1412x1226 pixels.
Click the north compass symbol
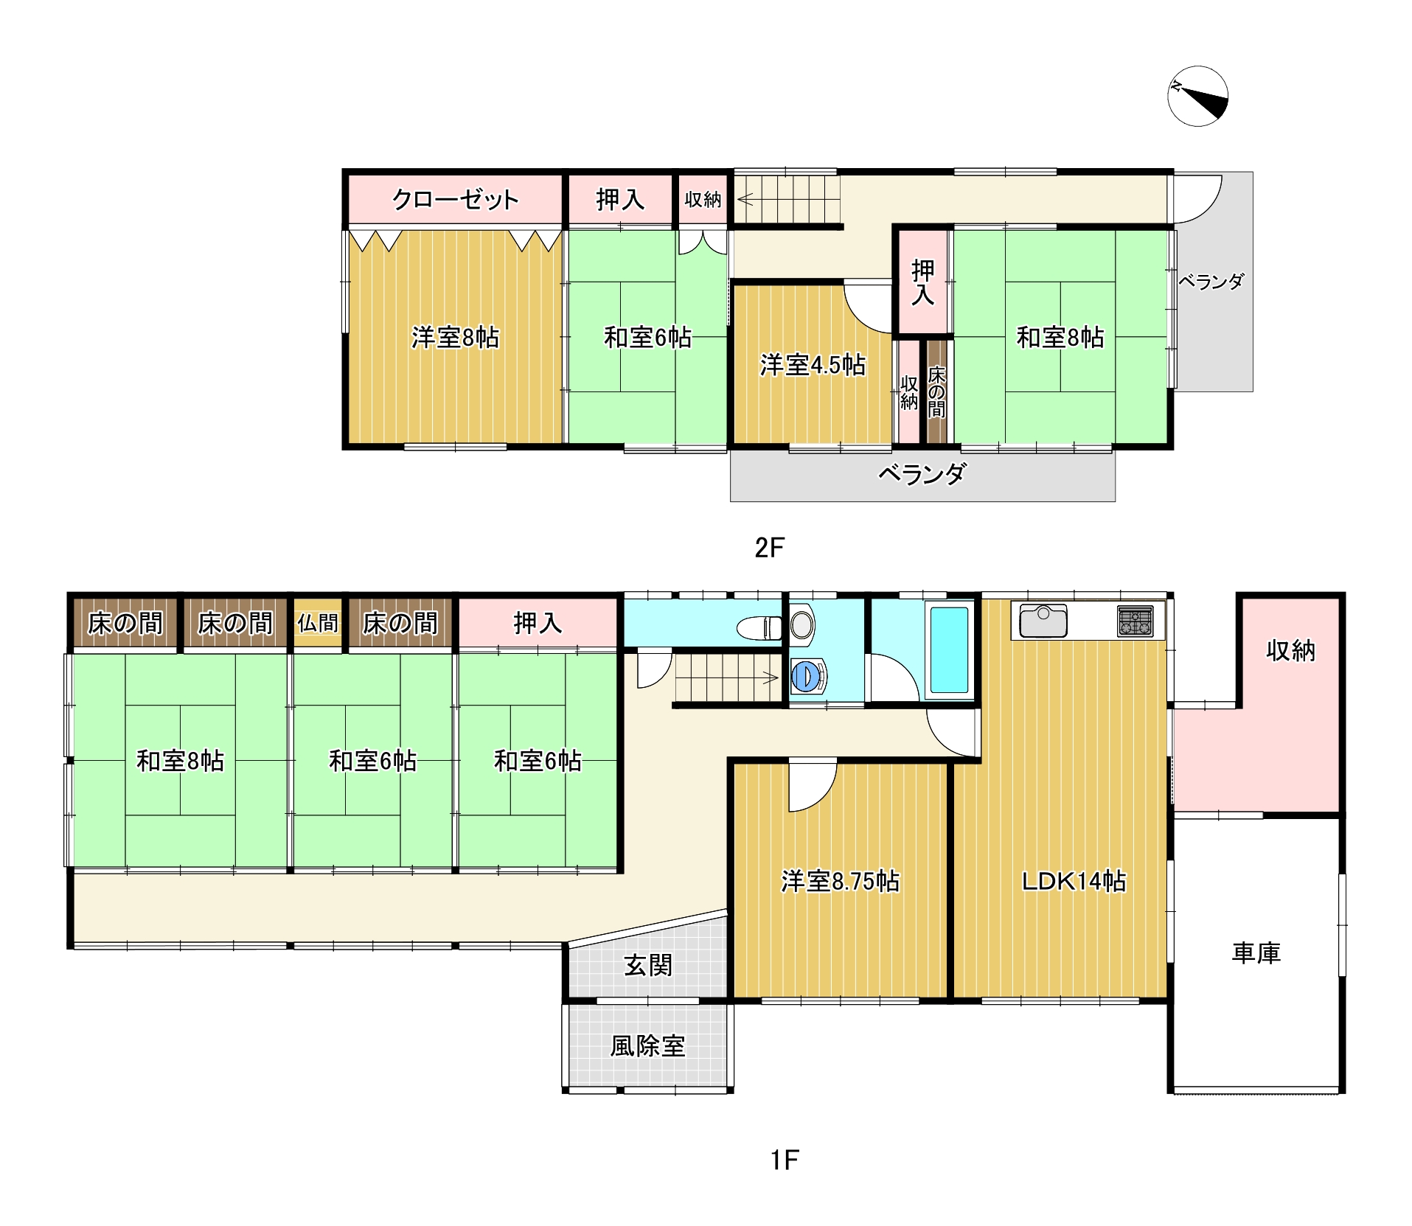click(x=1198, y=96)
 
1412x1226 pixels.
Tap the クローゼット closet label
click(x=455, y=199)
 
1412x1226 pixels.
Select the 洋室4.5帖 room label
click(x=813, y=365)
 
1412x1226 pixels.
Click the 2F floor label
click(x=769, y=547)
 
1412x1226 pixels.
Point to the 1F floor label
click(x=785, y=1160)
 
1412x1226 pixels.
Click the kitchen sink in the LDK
click(x=1043, y=621)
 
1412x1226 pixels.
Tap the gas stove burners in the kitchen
click(x=1135, y=621)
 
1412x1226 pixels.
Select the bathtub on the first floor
click(x=950, y=649)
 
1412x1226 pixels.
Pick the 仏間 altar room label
click(x=318, y=624)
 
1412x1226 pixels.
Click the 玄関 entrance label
click(x=648, y=965)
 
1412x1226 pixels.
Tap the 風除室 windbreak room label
click(x=647, y=1045)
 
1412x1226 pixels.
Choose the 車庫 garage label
click(x=1256, y=952)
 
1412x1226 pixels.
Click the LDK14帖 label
click(x=1074, y=881)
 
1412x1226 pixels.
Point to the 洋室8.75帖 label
click(x=840, y=881)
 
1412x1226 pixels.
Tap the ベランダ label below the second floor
click(x=922, y=474)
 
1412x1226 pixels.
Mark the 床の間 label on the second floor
click(x=936, y=392)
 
